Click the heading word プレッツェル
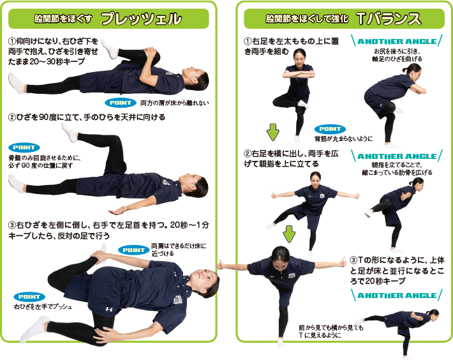pyautogui.click(x=142, y=19)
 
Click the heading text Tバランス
pyautogui.click(x=389, y=19)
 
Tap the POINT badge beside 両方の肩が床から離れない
pyautogui.click(x=121, y=103)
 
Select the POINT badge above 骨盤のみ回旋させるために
pyautogui.click(x=24, y=147)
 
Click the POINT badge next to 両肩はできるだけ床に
pyautogui.click(x=133, y=250)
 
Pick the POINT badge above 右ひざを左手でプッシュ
pyautogui.click(x=29, y=297)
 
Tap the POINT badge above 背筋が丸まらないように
pyautogui.click(x=330, y=129)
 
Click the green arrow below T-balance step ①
pyautogui.click(x=273, y=132)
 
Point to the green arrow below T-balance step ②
pyautogui.click(x=289, y=234)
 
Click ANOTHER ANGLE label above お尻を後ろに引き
pyautogui.click(x=397, y=41)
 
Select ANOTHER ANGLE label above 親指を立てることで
pyautogui.click(x=397, y=156)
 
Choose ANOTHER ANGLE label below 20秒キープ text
pyautogui.click(x=397, y=296)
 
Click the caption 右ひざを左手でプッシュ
pyautogui.click(x=43, y=306)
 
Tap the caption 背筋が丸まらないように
pyautogui.click(x=343, y=139)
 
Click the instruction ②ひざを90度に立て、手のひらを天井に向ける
pyautogui.click(x=87, y=117)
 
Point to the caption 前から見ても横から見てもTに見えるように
pyautogui.click(x=330, y=331)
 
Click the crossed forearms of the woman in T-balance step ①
pyautogui.click(x=299, y=74)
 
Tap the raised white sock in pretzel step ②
pyautogui.click(x=70, y=133)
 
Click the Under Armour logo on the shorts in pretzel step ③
pyautogui.click(x=109, y=310)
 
